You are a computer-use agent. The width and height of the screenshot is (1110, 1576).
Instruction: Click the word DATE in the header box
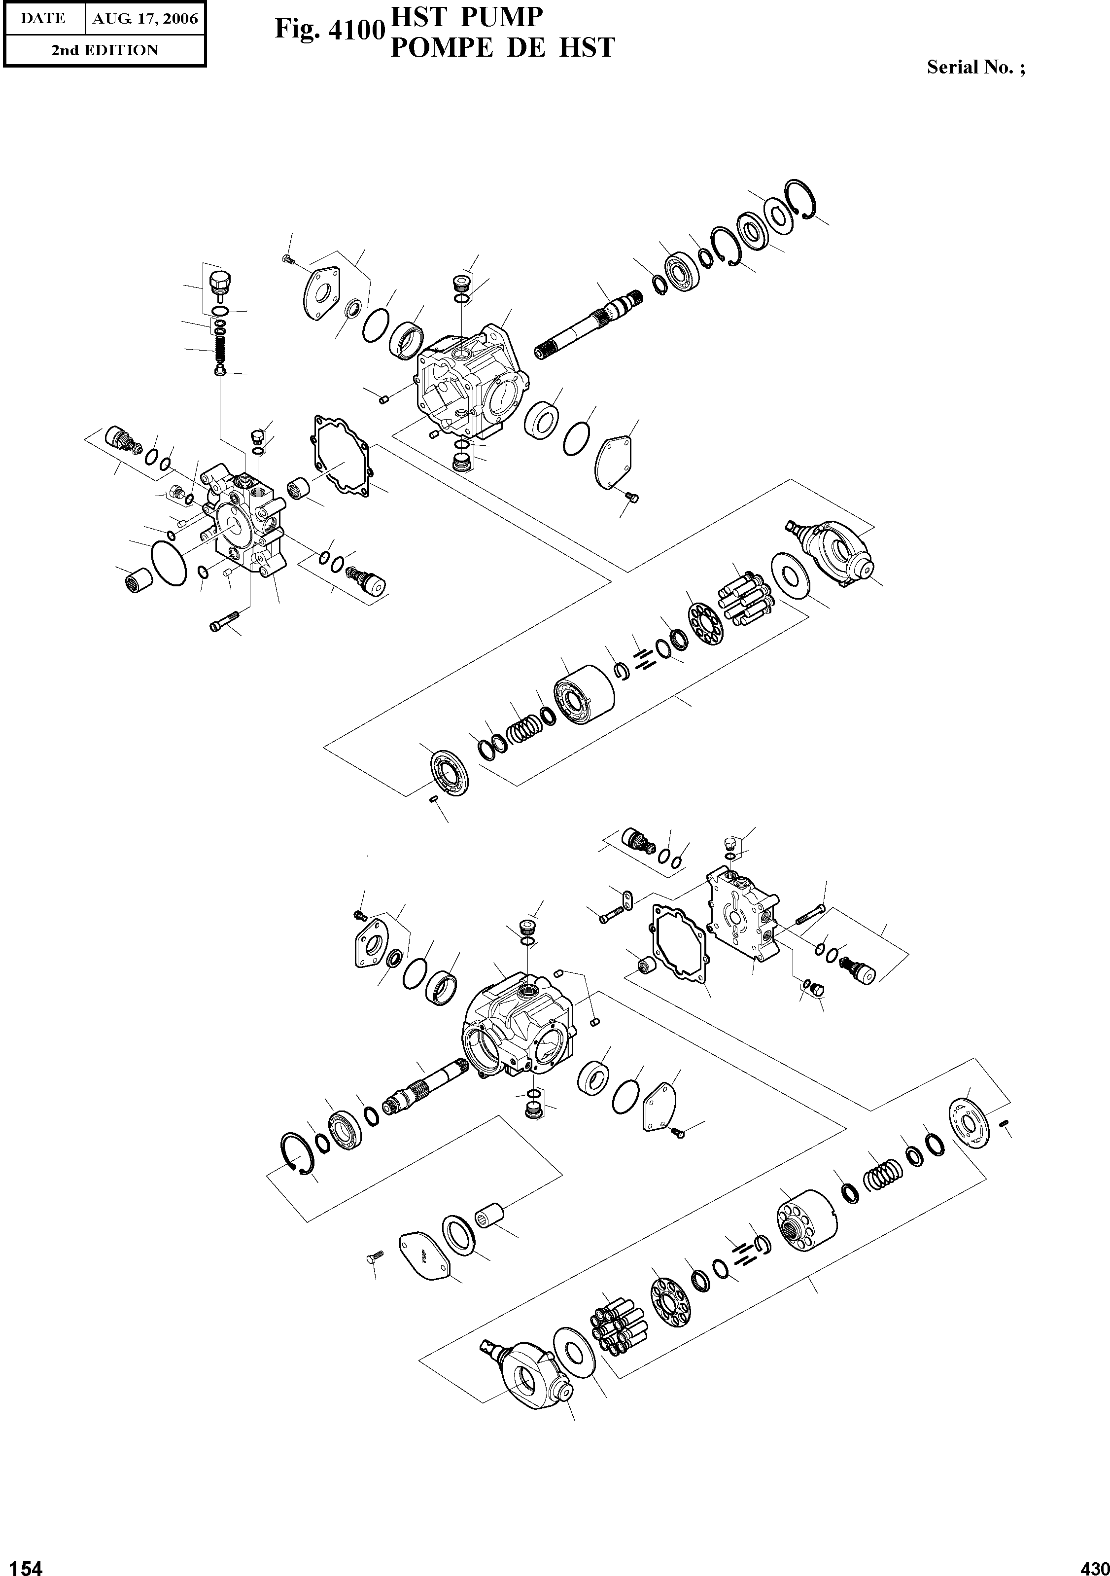click(x=42, y=19)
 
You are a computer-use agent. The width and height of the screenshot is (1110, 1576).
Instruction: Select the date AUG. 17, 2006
click(x=145, y=19)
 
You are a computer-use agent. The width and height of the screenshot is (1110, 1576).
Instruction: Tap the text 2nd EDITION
click(x=104, y=50)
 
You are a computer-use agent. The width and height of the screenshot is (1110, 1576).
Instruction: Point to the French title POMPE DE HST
click(x=502, y=47)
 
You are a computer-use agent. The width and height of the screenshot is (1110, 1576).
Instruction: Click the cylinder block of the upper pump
click(x=584, y=695)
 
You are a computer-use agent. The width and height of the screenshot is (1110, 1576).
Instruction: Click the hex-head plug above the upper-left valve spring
click(x=219, y=282)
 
